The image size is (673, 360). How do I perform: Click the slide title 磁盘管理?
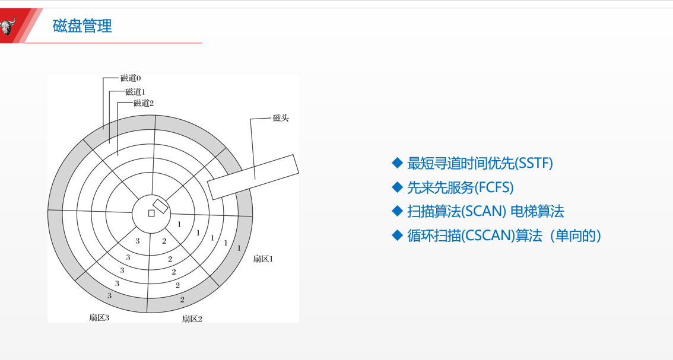click(82, 26)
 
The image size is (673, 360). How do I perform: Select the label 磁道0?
click(131, 78)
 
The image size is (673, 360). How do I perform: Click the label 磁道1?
click(135, 92)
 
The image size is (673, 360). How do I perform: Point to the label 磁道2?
click(144, 103)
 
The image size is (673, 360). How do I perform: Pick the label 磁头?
click(281, 119)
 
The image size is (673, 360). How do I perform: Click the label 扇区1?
click(263, 259)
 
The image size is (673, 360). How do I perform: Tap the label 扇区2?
click(192, 318)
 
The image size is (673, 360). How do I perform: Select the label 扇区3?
click(99, 317)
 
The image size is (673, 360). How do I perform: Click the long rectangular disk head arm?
click(253, 176)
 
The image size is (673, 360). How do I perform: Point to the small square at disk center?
click(151, 213)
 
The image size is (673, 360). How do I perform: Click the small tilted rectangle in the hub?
click(160, 206)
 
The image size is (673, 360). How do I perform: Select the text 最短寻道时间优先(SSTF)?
click(480, 163)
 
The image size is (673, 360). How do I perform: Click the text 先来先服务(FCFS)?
click(460, 187)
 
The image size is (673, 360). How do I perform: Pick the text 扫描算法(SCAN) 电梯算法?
click(485, 211)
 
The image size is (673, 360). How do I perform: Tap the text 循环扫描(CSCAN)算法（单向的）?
click(504, 235)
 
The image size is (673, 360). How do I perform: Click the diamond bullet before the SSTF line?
click(397, 163)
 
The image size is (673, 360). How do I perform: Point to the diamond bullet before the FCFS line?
click(397, 187)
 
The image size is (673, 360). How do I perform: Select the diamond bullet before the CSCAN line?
click(397, 235)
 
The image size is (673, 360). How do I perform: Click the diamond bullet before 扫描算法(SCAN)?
click(397, 211)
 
